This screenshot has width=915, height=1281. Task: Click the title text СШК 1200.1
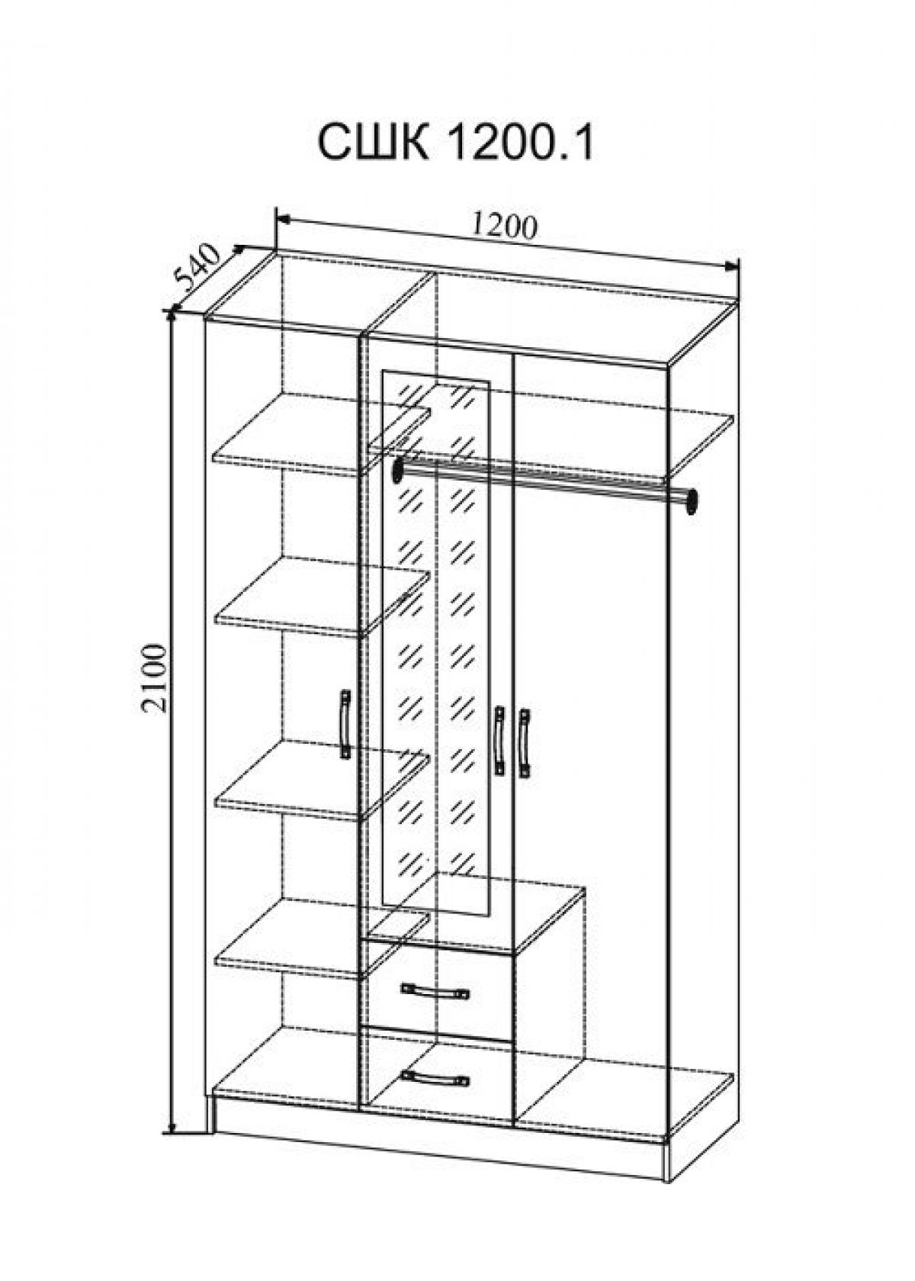(454, 143)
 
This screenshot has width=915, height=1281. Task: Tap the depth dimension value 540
(197, 270)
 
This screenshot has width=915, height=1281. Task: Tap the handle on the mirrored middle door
(499, 742)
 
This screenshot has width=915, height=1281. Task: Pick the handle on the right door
(525, 743)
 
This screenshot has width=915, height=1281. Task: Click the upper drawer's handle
(435, 991)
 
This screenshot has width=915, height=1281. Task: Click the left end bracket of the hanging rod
(397, 470)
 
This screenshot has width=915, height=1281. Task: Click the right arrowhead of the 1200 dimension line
(734, 266)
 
